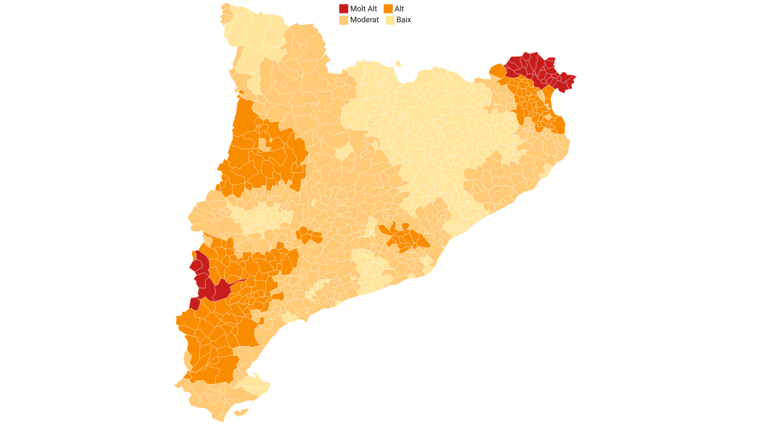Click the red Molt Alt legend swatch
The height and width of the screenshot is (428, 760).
(343, 9)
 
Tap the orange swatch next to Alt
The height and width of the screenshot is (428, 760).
(388, 9)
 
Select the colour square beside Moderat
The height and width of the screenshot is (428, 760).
(343, 20)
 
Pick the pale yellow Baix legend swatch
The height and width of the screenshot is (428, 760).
(390, 20)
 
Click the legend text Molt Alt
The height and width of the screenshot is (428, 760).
(363, 9)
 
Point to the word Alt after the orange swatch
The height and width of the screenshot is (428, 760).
(399, 9)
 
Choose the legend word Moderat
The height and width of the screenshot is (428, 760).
(364, 20)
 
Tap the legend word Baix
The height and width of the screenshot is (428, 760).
(403, 20)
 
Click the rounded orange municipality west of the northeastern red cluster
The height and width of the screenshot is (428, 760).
(498, 71)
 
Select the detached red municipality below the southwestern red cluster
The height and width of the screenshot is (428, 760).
(194, 304)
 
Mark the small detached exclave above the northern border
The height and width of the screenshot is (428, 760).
(399, 64)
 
